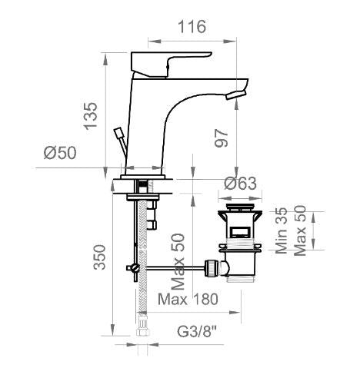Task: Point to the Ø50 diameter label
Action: [60, 153]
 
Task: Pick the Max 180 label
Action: [188, 299]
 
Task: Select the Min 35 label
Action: [283, 230]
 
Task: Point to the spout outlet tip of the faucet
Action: [237, 93]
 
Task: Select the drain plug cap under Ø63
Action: [242, 208]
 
